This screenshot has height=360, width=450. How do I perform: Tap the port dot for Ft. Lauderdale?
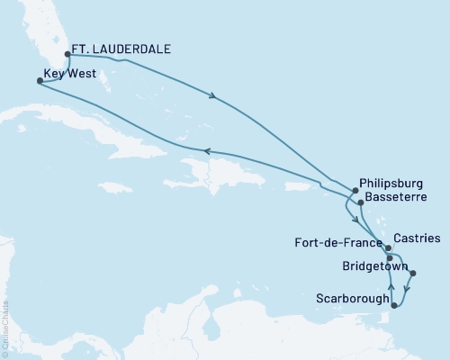67,53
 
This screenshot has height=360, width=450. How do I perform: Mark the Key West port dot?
39,80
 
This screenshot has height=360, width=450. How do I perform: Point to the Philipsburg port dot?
355,190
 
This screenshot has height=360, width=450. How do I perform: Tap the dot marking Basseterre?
360,202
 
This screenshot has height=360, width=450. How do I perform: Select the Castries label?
416,238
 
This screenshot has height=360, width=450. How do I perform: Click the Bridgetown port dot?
412,273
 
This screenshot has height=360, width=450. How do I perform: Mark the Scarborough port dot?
393,307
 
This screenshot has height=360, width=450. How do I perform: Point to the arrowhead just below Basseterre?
356,219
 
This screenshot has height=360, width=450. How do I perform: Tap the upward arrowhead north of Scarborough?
390,287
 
